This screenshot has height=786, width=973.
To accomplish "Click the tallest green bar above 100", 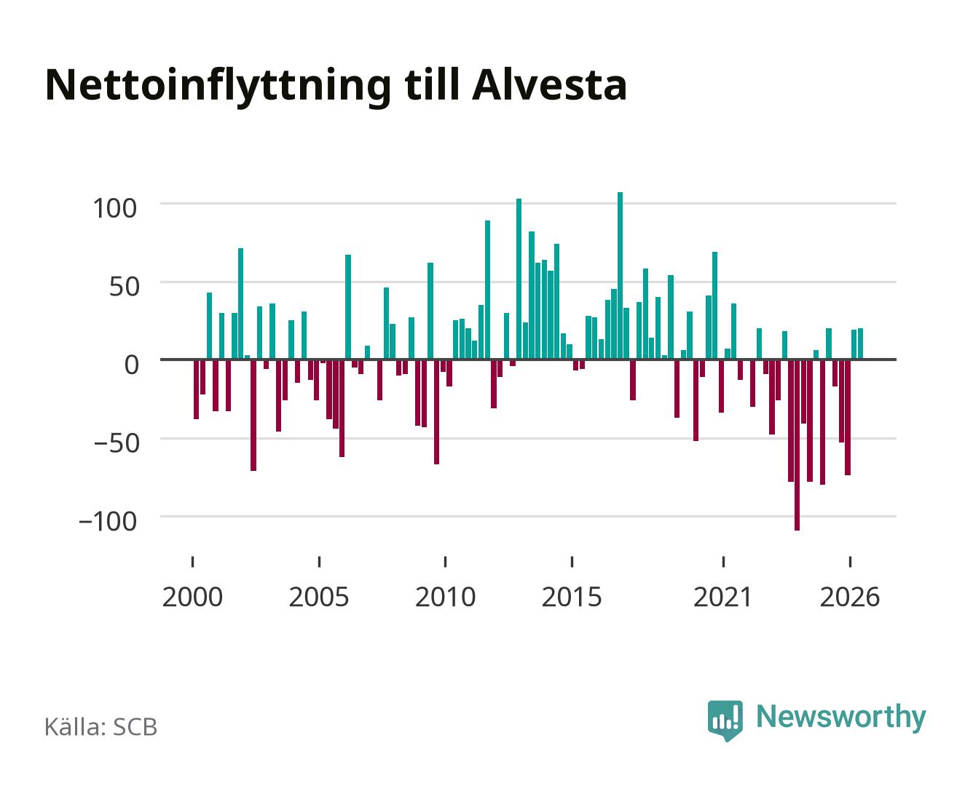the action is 620,276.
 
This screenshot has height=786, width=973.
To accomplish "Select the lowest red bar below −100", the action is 797,445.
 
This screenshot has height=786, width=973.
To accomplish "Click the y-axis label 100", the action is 114,209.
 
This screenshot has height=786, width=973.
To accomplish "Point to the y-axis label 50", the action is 124,287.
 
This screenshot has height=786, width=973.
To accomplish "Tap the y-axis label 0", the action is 132,365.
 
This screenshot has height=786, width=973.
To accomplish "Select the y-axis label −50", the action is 116,443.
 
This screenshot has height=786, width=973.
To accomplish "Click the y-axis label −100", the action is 108,521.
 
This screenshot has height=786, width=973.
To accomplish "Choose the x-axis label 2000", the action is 192,598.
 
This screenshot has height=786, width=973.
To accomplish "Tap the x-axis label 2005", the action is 319,598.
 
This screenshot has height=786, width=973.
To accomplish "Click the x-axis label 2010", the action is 446,598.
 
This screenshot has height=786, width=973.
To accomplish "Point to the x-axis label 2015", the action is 572,598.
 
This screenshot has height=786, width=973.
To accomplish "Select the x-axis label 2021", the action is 722,598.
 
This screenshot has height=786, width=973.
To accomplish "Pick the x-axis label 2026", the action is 850,598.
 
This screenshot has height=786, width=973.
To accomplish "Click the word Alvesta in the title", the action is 549,85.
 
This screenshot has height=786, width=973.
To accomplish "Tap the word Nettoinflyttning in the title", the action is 218,88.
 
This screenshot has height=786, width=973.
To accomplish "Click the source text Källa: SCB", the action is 101,727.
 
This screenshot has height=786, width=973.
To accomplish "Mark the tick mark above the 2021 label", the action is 723,562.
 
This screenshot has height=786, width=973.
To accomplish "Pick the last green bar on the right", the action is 860,344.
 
